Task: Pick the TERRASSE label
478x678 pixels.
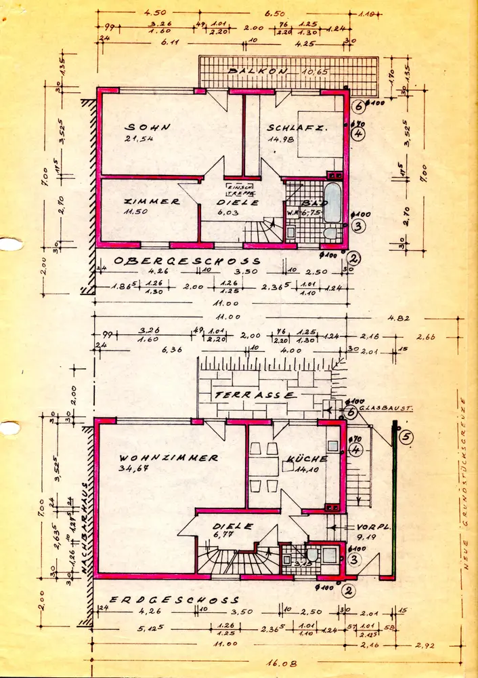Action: tap(255, 394)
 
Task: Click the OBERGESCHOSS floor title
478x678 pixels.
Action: tap(187, 261)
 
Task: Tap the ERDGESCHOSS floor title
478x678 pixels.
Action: tap(175, 600)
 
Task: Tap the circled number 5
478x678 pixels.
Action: tap(406, 437)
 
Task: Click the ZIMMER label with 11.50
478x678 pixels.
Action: tap(152, 201)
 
